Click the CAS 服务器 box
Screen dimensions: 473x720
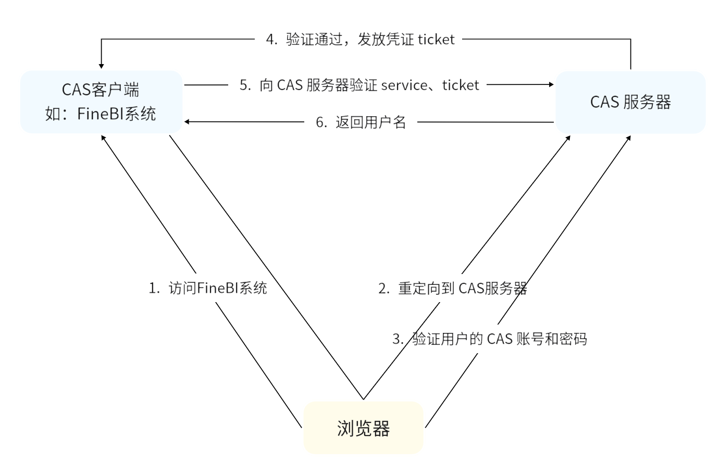click(630, 102)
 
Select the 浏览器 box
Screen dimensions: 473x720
click(363, 428)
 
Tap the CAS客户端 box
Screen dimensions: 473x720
click(101, 102)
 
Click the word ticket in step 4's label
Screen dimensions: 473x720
click(436, 40)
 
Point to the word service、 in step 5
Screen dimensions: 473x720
click(411, 85)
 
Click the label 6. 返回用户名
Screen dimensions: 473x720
click(361, 122)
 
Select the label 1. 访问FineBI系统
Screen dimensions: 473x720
click(208, 288)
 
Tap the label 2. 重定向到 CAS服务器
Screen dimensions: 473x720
click(452, 288)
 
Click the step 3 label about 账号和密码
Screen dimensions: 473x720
click(489, 339)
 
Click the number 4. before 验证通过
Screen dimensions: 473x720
click(271, 40)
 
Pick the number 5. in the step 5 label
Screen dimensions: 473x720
click(245, 85)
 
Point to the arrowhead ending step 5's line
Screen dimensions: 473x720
click(551, 84)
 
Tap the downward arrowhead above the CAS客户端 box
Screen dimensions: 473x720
click(101, 66)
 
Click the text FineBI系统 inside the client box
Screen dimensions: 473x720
click(116, 114)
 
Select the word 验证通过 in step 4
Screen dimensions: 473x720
click(307, 40)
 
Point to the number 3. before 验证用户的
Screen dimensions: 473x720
click(398, 340)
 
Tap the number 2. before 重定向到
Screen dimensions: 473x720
click(384, 289)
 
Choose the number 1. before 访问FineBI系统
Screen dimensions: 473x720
click(154, 289)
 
